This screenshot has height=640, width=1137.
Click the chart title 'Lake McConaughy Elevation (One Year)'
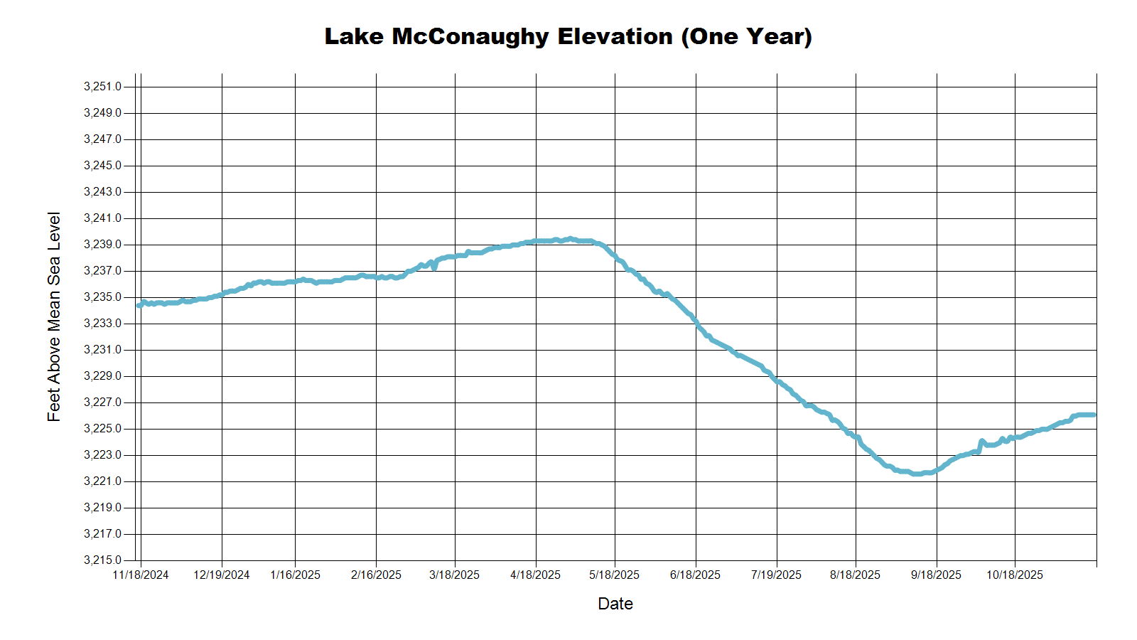pyautogui.click(x=568, y=36)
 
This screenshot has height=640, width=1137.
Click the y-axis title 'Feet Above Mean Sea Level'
pyautogui.click(x=54, y=316)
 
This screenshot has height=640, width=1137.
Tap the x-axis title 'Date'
pyautogui.click(x=615, y=604)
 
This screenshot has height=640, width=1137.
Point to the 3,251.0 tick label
pyautogui.click(x=102, y=87)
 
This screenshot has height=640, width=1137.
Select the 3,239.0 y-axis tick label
pyautogui.click(x=102, y=245)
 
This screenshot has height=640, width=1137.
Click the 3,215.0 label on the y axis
pyautogui.click(x=102, y=560)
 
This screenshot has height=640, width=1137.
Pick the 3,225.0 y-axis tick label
pyautogui.click(x=102, y=429)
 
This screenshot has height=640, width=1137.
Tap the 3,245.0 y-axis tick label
pyautogui.click(x=102, y=166)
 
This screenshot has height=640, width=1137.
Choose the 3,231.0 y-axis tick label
pyautogui.click(x=102, y=350)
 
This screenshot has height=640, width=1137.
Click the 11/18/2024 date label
pyautogui.click(x=141, y=575)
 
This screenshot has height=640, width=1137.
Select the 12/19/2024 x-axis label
pyautogui.click(x=222, y=575)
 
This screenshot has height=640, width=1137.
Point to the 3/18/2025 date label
pyautogui.click(x=455, y=575)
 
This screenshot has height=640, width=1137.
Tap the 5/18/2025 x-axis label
pyautogui.click(x=615, y=575)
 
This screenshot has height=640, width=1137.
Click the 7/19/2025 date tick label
pyautogui.click(x=776, y=575)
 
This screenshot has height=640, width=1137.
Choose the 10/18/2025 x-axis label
pyautogui.click(x=1015, y=575)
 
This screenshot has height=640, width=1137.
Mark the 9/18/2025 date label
pyautogui.click(x=937, y=575)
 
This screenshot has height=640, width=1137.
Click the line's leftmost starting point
pyautogui.click(x=139, y=306)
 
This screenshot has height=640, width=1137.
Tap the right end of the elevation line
pyautogui.click(x=1095, y=415)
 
